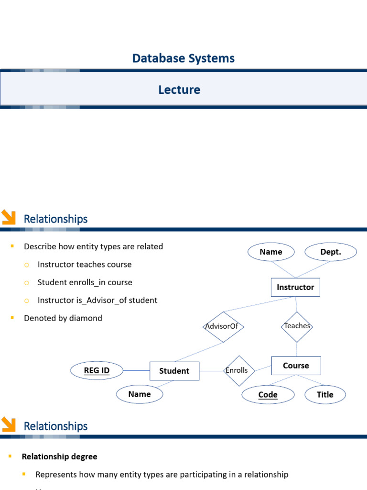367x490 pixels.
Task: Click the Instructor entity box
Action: click(295, 287)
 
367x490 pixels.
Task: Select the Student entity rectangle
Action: click(174, 371)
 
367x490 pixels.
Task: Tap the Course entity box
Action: click(296, 366)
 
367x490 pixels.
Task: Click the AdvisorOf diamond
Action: click(224, 326)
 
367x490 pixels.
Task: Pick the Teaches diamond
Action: click(297, 326)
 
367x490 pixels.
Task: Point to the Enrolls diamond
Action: click(239, 370)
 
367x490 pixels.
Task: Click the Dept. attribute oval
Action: click(331, 252)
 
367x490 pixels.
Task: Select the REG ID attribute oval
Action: click(97, 370)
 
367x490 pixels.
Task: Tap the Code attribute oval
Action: click(268, 395)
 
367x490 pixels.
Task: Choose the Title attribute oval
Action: click(325, 395)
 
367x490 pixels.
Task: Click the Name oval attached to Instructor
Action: click(271, 252)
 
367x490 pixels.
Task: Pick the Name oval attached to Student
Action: click(140, 394)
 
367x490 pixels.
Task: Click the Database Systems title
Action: click(183, 58)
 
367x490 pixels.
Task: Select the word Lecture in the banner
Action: click(179, 89)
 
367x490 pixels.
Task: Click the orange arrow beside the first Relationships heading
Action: click(9, 217)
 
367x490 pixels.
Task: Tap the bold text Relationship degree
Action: click(59, 457)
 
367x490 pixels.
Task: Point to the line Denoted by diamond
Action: click(63, 318)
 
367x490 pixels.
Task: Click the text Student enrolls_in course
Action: click(85, 282)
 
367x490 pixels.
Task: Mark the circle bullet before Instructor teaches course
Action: click(27, 265)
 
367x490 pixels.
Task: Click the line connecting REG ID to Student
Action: click(136, 370)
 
